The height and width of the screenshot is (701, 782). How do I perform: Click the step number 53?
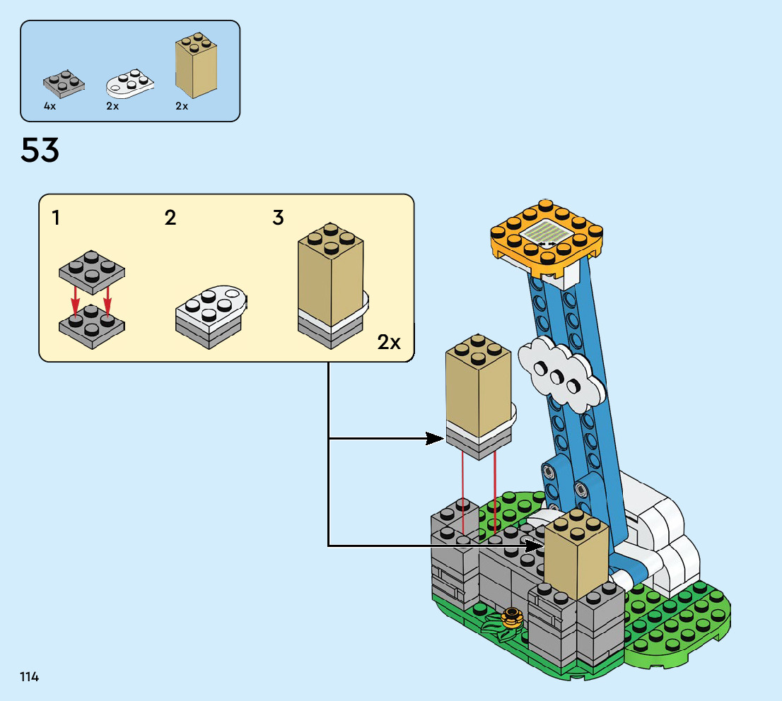(x=40, y=150)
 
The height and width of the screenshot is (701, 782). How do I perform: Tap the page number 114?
(x=30, y=677)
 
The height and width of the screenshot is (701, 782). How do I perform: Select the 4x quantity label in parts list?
(x=49, y=106)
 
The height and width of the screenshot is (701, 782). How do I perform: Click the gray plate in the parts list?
(x=64, y=83)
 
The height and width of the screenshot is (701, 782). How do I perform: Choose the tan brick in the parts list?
(x=195, y=67)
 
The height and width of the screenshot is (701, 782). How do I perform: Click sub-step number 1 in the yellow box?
(x=56, y=218)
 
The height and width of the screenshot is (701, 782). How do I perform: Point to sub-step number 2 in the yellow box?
(x=170, y=218)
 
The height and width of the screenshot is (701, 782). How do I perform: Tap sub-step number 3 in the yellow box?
(x=279, y=218)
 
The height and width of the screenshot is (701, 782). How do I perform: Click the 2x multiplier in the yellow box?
(x=389, y=343)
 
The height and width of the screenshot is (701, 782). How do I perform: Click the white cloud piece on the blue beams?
(x=562, y=373)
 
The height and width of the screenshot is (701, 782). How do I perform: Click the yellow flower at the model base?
(x=510, y=617)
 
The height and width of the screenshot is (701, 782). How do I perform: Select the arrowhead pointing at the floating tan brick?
(x=436, y=439)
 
